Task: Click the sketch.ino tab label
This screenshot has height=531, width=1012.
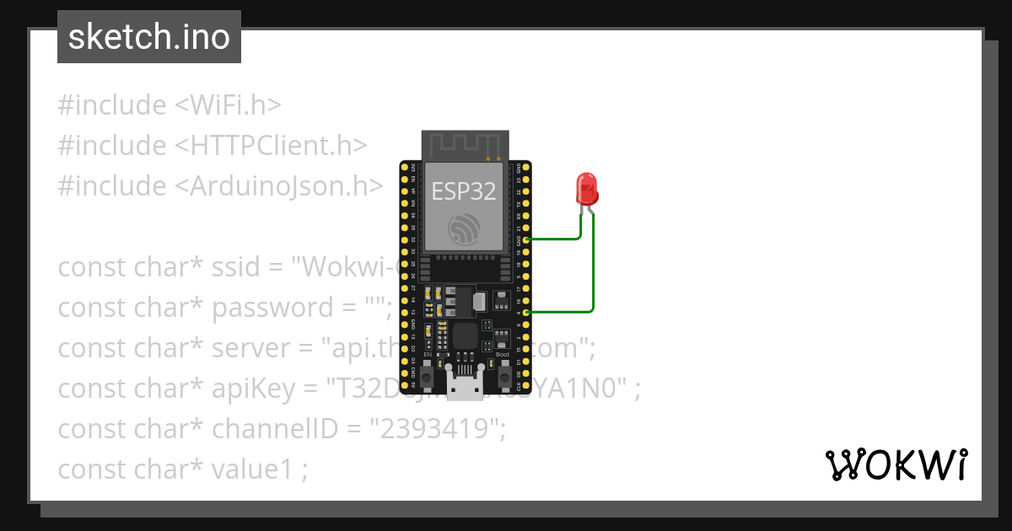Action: [149, 37]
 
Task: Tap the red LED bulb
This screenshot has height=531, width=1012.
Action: [586, 189]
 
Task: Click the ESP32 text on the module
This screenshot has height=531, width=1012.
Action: [464, 190]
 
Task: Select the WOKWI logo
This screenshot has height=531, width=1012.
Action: [896, 464]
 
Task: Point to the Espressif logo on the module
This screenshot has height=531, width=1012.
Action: [466, 229]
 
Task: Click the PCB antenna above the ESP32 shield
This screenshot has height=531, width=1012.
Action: [466, 145]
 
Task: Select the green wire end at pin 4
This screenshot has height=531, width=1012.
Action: [527, 313]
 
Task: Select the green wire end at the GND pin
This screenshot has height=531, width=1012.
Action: [527, 239]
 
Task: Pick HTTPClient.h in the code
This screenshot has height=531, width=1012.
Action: [272, 146]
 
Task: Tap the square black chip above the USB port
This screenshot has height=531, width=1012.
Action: [465, 336]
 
